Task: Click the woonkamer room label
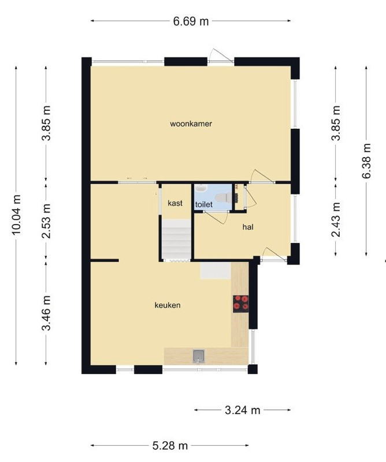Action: (x=187, y=124)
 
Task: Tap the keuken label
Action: (x=168, y=305)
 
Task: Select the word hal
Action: (x=248, y=228)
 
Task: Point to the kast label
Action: (x=175, y=203)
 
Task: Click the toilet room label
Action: (x=203, y=204)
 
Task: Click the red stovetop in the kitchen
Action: (x=241, y=304)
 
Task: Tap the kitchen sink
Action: (x=199, y=355)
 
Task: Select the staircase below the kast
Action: (x=176, y=240)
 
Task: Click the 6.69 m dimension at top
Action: (x=191, y=22)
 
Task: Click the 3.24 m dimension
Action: (x=242, y=411)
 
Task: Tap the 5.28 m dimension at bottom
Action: (x=170, y=445)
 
